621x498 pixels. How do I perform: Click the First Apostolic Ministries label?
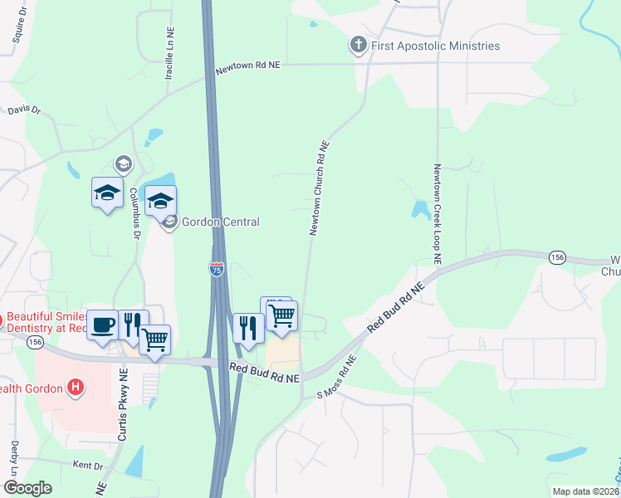[x=435, y=46]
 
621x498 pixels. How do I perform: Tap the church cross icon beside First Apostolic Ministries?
[x=359, y=45]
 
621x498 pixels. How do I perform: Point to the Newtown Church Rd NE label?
[x=320, y=188]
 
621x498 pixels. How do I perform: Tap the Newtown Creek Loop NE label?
[x=435, y=215]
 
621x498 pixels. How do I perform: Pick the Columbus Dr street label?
[x=134, y=213]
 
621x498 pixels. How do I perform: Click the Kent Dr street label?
[x=87, y=466]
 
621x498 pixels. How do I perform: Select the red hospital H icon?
[x=76, y=387]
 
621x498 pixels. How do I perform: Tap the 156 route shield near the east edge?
[x=558, y=259]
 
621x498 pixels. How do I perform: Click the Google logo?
[x=27, y=487]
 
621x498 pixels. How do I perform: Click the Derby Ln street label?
[x=15, y=458]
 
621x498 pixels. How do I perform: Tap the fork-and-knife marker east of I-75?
[x=248, y=329]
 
